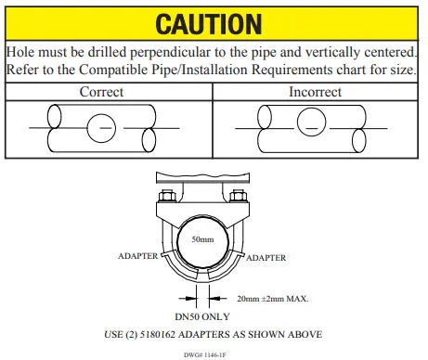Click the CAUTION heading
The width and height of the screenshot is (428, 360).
(x=214, y=22)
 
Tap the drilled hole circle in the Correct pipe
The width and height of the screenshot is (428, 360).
(x=102, y=125)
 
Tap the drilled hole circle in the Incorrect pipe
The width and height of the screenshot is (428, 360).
(x=313, y=122)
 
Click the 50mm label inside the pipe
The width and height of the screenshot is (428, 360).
(x=202, y=239)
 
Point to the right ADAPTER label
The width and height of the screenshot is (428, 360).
(x=265, y=257)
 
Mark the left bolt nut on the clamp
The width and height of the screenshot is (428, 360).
(x=167, y=196)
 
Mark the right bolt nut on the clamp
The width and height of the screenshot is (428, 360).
(x=240, y=195)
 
